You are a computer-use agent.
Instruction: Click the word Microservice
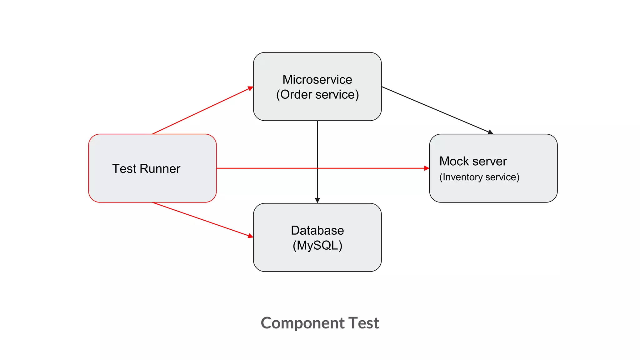point(317,80)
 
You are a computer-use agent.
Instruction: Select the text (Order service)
point(317,95)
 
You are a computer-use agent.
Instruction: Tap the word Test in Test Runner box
point(124,169)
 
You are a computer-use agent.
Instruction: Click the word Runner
point(160,169)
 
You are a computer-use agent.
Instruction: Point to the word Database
point(317,231)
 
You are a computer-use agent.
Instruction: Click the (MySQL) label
point(317,246)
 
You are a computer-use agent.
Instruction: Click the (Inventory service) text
point(479,177)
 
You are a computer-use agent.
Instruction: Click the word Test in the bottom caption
point(363,323)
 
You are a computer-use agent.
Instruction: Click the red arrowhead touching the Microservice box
point(250,89)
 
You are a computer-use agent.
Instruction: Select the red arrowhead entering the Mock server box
point(427,168)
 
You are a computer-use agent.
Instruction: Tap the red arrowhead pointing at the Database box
point(250,236)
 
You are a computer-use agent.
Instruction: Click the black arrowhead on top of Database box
point(317,200)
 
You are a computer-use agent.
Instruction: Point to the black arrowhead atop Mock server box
point(490,132)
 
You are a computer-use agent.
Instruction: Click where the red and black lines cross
point(317,168)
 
